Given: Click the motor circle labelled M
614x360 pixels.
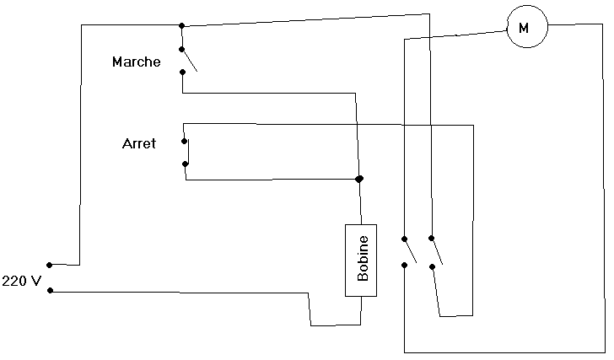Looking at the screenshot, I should [526, 28].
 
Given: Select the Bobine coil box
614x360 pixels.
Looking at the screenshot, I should [361, 261].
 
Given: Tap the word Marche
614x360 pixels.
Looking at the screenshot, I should [136, 62].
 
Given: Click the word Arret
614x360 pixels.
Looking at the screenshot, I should [139, 144].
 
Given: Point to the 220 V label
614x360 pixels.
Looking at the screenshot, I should [21, 280].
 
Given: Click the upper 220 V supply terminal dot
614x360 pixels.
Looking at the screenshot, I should [50, 264].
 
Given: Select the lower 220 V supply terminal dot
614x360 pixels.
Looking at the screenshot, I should [50, 291].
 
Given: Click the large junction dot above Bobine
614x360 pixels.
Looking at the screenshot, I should [359, 179].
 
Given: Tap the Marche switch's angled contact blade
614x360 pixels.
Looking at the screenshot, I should [190, 61].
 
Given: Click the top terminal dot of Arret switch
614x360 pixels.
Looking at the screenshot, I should [184, 141].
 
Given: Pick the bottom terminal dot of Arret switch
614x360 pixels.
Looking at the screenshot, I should [185, 164].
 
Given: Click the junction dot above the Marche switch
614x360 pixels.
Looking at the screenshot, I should [181, 25].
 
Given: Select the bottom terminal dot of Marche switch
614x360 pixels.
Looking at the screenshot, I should [182, 73].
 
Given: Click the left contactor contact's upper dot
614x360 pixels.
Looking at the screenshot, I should [405, 238].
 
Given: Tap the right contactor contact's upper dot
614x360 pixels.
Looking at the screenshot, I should [432, 238].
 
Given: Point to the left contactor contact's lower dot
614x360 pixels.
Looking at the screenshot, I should [405, 266].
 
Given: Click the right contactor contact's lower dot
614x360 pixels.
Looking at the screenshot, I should [432, 266].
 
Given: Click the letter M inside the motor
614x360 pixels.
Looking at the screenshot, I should [524, 28].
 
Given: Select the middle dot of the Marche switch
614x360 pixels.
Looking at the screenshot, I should [181, 49].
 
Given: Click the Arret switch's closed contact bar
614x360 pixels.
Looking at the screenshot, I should [188, 152].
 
